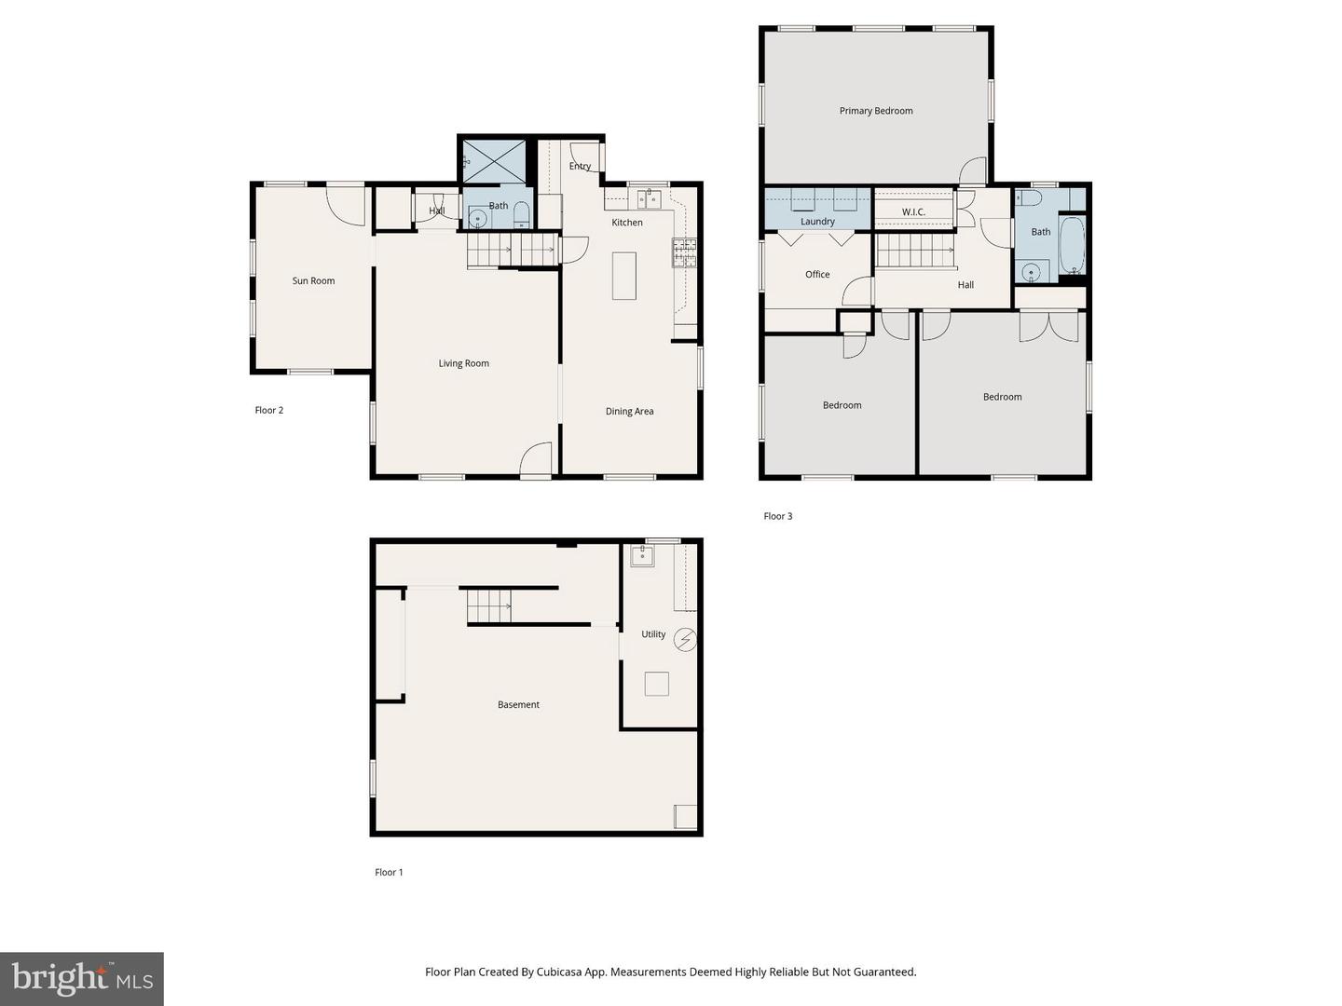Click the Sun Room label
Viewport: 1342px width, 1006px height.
[313, 280]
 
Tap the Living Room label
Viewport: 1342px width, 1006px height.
[463, 363]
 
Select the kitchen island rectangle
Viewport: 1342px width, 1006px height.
[623, 276]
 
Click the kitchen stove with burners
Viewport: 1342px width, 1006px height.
[684, 252]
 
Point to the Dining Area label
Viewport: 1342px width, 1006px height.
[629, 411]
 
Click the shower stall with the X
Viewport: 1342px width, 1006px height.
[495, 161]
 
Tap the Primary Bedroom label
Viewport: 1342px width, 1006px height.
[875, 111]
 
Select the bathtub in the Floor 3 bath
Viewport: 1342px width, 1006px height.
[1072, 244]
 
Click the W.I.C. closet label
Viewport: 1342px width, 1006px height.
[913, 212]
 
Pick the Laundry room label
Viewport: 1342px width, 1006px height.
[817, 222]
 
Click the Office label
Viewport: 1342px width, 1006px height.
[817, 274]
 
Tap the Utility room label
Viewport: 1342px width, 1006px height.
[653, 634]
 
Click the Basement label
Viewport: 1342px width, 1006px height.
[518, 704]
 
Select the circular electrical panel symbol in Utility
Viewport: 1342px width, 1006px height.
[687, 640]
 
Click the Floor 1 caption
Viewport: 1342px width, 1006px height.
[389, 872]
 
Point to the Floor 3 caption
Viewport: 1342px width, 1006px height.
[777, 516]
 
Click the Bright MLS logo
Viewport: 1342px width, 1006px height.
[82, 978]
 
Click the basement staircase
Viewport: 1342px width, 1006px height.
[488, 606]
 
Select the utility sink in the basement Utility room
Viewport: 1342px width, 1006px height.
[642, 556]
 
